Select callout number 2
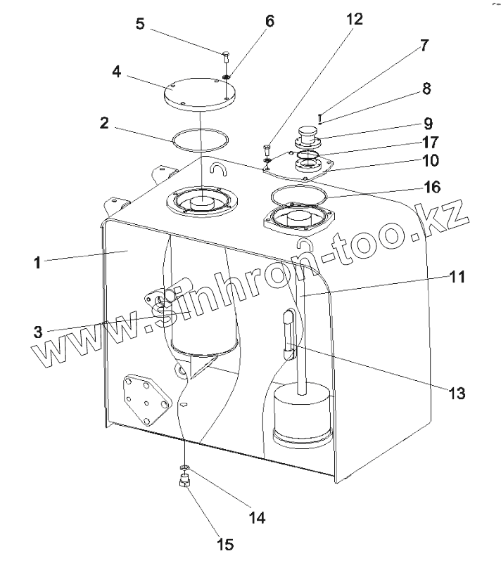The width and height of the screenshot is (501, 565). tap(103, 122)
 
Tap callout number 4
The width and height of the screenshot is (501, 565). tap(117, 72)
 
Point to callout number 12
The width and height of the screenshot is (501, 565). tap(354, 20)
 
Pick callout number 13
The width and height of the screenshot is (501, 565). tap(458, 393)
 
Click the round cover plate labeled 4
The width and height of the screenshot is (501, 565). tap(201, 94)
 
